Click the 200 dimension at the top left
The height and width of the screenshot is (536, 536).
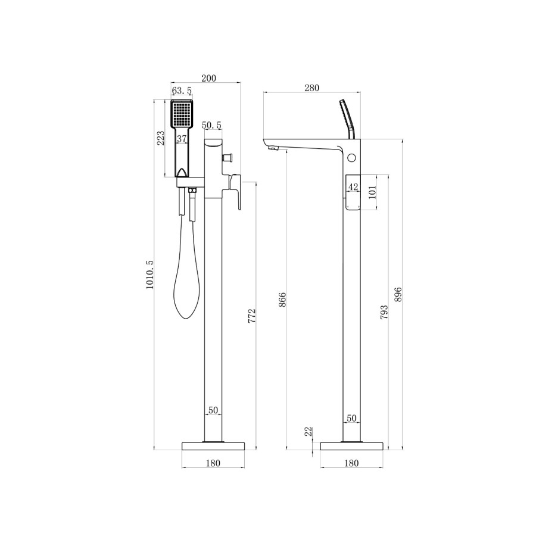[208, 78]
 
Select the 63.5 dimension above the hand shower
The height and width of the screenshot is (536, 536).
[182, 91]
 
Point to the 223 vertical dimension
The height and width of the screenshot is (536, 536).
[160, 139]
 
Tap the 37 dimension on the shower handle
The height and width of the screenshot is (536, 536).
[182, 139]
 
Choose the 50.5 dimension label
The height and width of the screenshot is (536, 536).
[211, 125]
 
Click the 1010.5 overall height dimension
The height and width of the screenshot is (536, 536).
[149, 275]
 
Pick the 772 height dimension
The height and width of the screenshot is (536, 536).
[251, 315]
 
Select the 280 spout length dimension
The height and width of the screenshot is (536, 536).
[311, 88]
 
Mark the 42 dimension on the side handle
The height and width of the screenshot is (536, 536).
[353, 187]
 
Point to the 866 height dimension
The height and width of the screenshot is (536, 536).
[283, 300]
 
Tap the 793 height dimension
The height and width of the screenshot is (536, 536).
[384, 312]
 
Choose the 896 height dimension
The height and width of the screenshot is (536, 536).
[398, 294]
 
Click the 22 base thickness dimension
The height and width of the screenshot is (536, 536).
[308, 432]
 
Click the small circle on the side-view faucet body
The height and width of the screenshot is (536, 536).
[351, 158]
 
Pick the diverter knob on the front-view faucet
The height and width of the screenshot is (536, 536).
[227, 158]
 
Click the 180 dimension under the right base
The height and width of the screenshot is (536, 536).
[351, 463]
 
